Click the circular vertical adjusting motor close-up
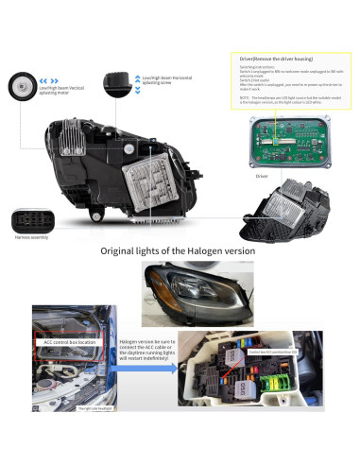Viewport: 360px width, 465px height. (x=22, y=86)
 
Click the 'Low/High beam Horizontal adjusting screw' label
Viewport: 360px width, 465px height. (x=168, y=82)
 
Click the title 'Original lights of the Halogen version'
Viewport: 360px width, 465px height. (x=180, y=251)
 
